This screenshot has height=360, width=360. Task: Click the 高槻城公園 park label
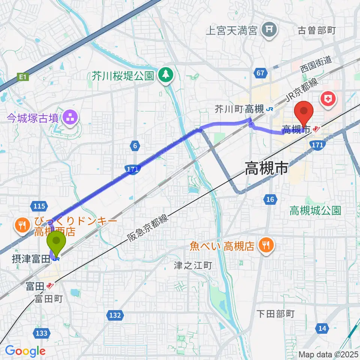point(315,211)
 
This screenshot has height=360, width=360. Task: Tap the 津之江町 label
point(193,266)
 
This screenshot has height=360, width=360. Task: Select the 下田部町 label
point(276,313)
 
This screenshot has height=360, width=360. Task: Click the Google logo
point(25,351)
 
